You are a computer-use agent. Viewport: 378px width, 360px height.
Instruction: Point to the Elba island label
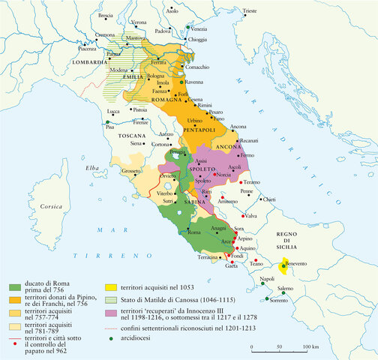(93, 167)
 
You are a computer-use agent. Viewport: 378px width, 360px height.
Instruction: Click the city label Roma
(193, 233)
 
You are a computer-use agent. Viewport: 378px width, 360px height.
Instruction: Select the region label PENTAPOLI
(199, 130)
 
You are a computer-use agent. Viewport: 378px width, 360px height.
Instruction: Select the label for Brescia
(106, 15)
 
